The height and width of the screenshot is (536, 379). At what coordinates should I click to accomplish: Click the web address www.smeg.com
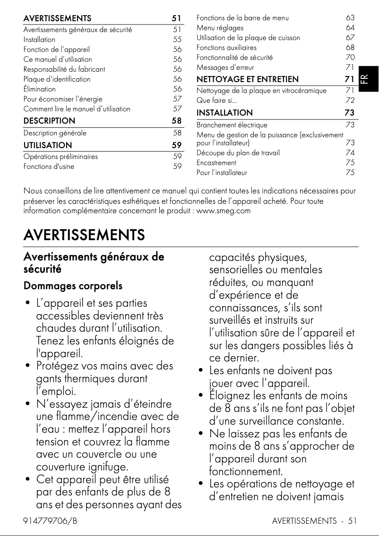pyautogui.click(x=223, y=211)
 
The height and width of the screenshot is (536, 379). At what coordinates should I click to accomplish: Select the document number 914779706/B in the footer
pyautogui.click(x=50, y=521)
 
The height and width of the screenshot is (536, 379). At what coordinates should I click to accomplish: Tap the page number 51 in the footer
pyautogui.click(x=352, y=521)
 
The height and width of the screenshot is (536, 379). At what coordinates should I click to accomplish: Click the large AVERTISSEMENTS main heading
pyautogui.click(x=84, y=234)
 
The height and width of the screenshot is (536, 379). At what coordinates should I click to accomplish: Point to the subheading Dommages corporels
pyautogui.click(x=73, y=286)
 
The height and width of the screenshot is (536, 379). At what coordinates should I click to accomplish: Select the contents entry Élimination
pyautogui.click(x=40, y=89)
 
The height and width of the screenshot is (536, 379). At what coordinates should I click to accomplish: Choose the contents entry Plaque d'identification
pyautogui.click(x=57, y=79)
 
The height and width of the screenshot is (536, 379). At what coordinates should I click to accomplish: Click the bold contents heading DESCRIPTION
pyautogui.click(x=49, y=121)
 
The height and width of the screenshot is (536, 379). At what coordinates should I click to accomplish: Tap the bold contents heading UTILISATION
pyautogui.click(x=48, y=145)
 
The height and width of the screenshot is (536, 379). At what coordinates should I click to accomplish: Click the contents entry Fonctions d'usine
pyautogui.click(x=49, y=167)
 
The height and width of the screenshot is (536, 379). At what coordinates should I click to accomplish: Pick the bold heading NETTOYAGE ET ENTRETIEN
pyautogui.click(x=247, y=79)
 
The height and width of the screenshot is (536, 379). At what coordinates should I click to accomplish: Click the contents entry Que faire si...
pyautogui.click(x=216, y=100)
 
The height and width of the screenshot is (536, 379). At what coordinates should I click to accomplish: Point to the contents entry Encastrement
pyautogui.click(x=216, y=162)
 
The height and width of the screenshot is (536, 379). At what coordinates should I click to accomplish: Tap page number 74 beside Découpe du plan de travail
pyautogui.click(x=350, y=152)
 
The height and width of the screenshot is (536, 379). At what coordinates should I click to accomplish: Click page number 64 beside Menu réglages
pyautogui.click(x=350, y=28)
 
